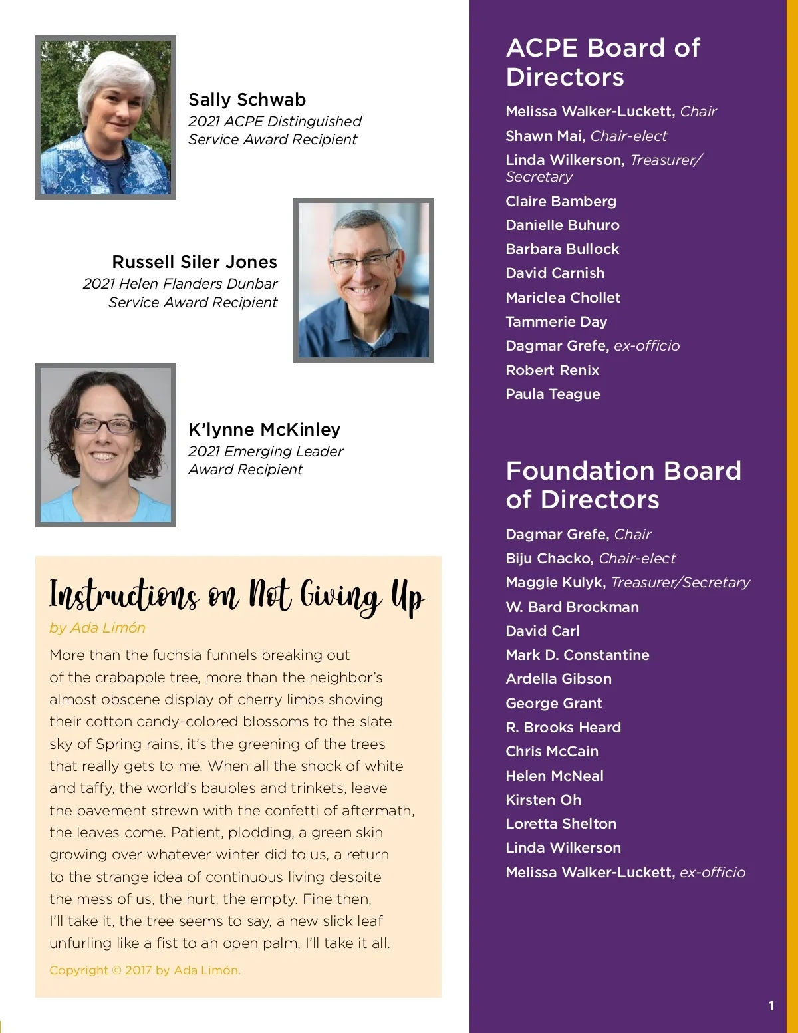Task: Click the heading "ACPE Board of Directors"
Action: coord(602,62)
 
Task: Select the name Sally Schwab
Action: coord(247,100)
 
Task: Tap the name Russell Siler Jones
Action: coord(194,262)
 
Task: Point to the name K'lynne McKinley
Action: coord(264,430)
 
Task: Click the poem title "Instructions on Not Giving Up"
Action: coord(237,595)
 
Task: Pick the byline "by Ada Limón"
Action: coord(97,628)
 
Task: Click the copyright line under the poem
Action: coord(145,970)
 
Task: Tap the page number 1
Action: coord(771,1006)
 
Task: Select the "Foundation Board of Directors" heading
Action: coord(623,485)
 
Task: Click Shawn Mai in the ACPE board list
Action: coord(544,136)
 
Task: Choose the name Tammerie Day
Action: coord(556,322)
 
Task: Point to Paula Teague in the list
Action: coord(553,394)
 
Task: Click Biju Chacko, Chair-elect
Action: coord(590,559)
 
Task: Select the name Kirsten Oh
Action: coord(543,800)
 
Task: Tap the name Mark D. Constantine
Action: coord(577,655)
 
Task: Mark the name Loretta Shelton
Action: coord(561,824)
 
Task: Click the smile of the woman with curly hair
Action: coord(103,456)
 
